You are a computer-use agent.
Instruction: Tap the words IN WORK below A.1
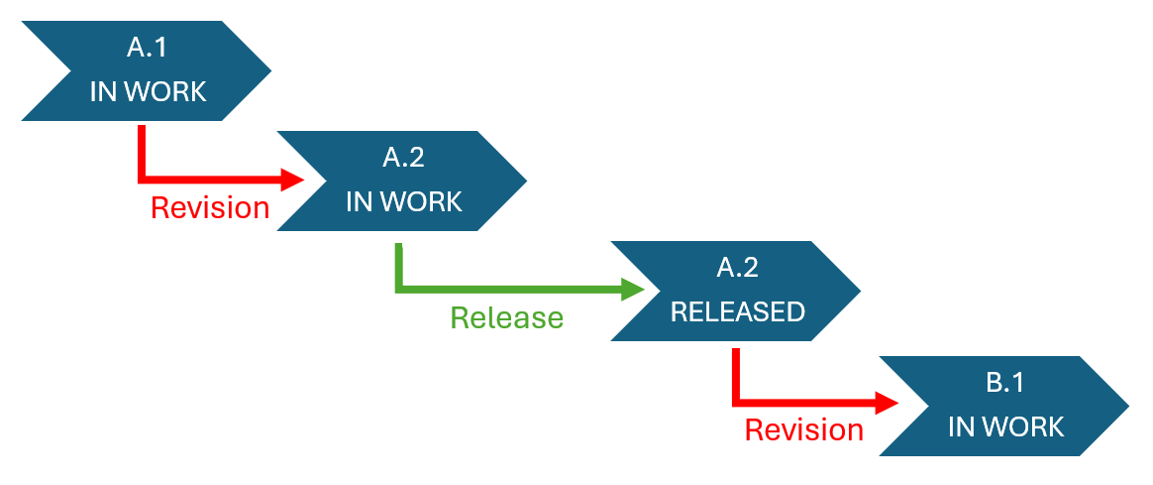(148, 92)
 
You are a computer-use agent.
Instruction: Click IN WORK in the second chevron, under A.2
(403, 201)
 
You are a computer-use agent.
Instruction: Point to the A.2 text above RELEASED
(737, 267)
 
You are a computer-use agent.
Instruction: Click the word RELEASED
(737, 311)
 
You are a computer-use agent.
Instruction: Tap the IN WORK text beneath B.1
(1005, 426)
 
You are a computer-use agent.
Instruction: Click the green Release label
(506, 317)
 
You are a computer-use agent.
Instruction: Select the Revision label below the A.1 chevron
(209, 207)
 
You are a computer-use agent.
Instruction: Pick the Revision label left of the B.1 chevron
(803, 429)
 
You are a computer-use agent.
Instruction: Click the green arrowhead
(632, 290)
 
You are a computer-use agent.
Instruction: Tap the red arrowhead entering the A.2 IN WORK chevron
(293, 180)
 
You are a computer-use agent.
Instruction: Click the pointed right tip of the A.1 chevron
(268, 71)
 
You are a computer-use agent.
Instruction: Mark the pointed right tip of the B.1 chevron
(1127, 407)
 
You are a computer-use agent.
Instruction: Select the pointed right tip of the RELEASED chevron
(859, 291)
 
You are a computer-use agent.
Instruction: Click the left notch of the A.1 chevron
(69, 71)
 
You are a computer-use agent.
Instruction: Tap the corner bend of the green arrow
(399, 289)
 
